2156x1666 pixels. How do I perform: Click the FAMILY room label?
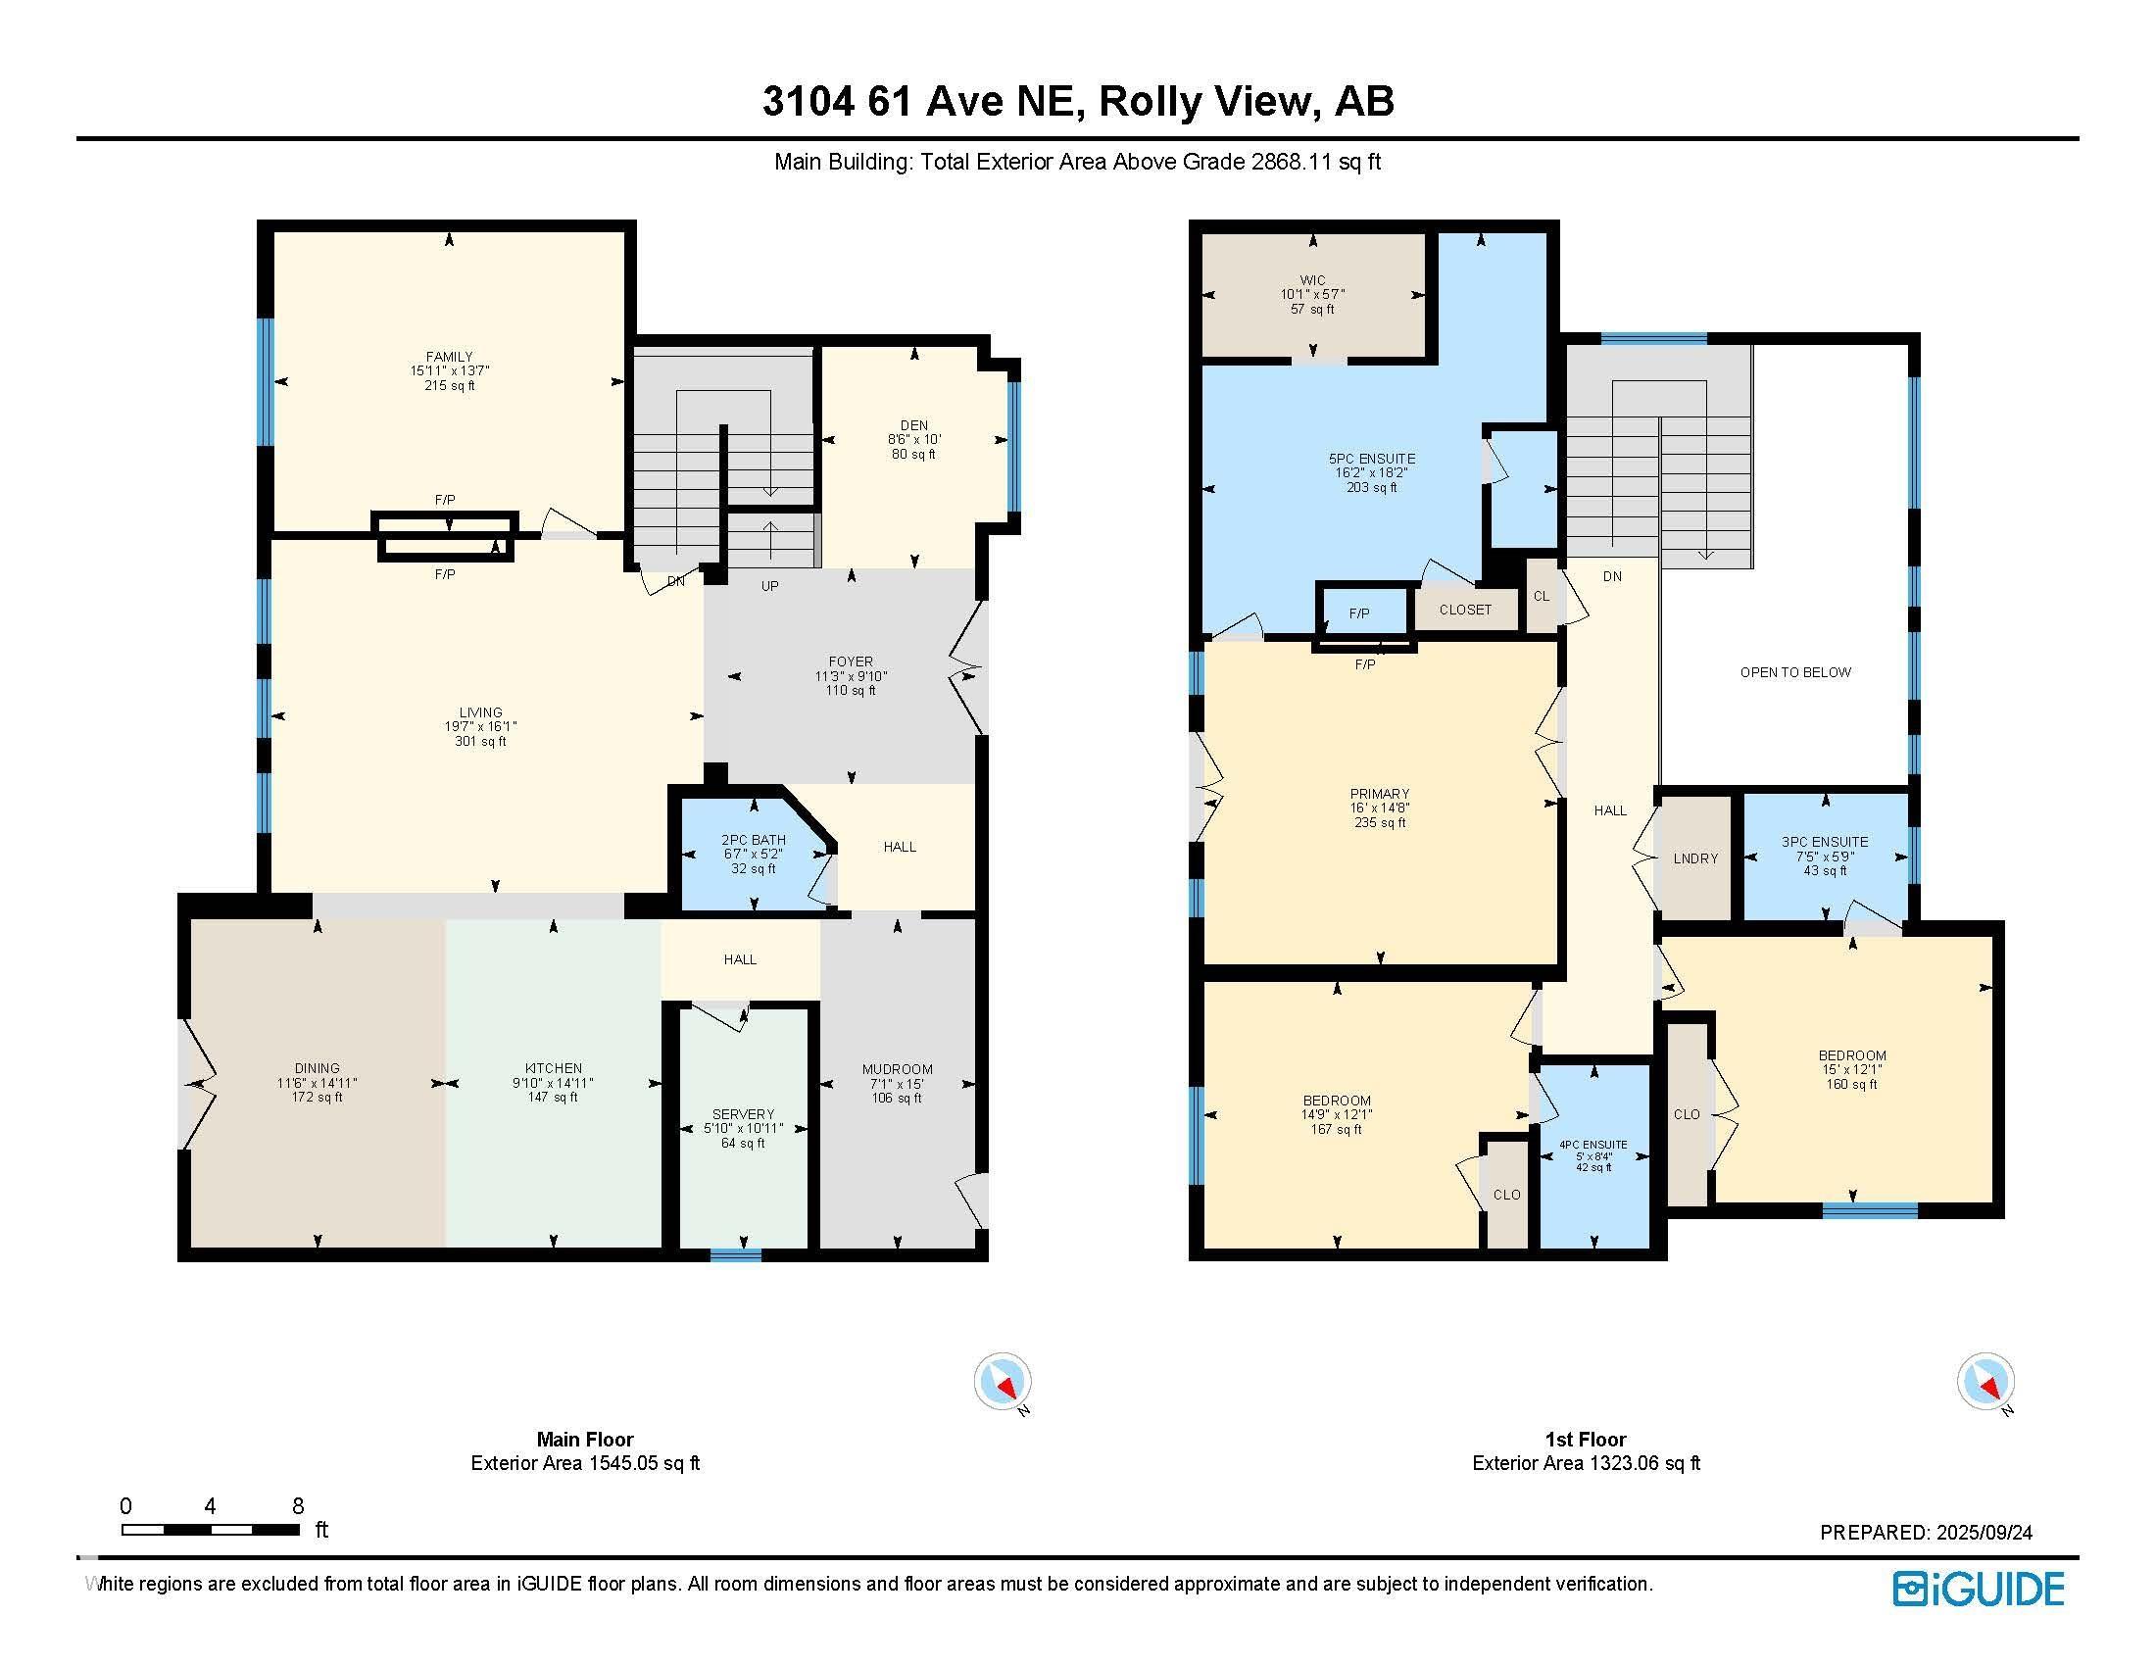(449, 357)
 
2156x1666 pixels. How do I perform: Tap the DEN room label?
(914, 425)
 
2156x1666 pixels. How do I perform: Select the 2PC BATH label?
(754, 840)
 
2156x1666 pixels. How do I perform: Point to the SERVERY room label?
(744, 1114)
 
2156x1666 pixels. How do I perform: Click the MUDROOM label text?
(898, 1069)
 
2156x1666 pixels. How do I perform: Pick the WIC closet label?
(1313, 280)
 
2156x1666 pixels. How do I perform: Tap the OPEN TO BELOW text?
(1795, 672)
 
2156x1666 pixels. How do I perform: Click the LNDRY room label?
(1696, 858)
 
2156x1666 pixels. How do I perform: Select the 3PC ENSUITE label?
(1825, 842)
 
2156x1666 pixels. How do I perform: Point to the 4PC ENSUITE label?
(1593, 1145)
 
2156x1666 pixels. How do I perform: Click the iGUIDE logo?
(1979, 1589)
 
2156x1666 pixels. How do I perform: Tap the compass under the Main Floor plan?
(1003, 1381)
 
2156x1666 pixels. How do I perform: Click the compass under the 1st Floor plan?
(1985, 1381)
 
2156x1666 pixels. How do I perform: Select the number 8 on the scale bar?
(298, 1506)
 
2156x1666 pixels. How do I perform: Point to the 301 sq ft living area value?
(481, 741)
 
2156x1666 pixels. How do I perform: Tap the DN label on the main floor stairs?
(676, 581)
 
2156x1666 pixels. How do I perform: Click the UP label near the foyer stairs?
(770, 586)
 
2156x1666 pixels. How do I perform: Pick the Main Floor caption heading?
(585, 1439)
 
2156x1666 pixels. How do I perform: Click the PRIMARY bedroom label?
(1380, 794)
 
